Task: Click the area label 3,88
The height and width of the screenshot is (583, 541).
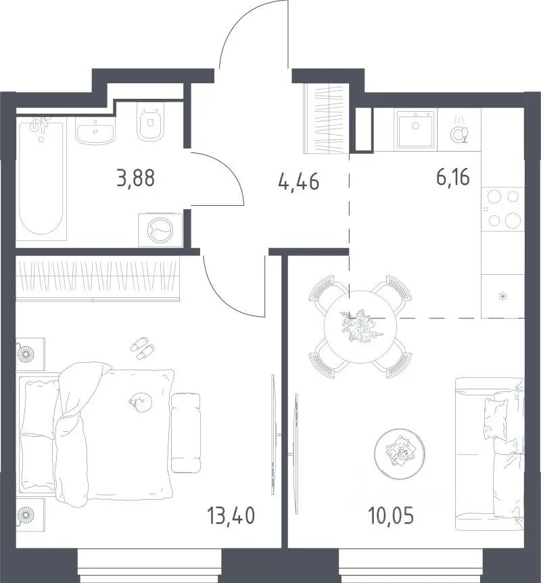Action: pyautogui.click(x=135, y=177)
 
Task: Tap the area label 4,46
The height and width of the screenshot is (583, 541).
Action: pyautogui.click(x=299, y=182)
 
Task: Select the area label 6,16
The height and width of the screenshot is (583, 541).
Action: pyautogui.click(x=453, y=177)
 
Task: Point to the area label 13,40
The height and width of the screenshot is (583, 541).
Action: pyautogui.click(x=231, y=516)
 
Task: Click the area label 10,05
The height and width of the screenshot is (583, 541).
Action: pyautogui.click(x=391, y=516)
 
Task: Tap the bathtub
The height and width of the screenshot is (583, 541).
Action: pyautogui.click(x=41, y=177)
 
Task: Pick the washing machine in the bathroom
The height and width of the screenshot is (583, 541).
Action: pyautogui.click(x=160, y=230)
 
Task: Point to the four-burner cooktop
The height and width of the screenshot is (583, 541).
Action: pyautogui.click(x=502, y=209)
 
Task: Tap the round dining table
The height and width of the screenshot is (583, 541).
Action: pyautogui.click(x=360, y=326)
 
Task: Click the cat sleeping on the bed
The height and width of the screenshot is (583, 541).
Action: pyautogui.click(x=141, y=402)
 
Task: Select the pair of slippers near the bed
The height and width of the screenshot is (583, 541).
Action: pyautogui.click(x=143, y=348)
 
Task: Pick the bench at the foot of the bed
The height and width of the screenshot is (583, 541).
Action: pyautogui.click(x=186, y=433)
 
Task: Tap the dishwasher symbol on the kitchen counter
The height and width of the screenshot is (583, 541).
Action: pyautogui.click(x=459, y=130)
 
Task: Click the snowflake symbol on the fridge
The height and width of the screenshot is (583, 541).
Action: pyautogui.click(x=502, y=297)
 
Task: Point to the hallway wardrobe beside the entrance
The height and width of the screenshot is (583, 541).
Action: pyautogui.click(x=327, y=118)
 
